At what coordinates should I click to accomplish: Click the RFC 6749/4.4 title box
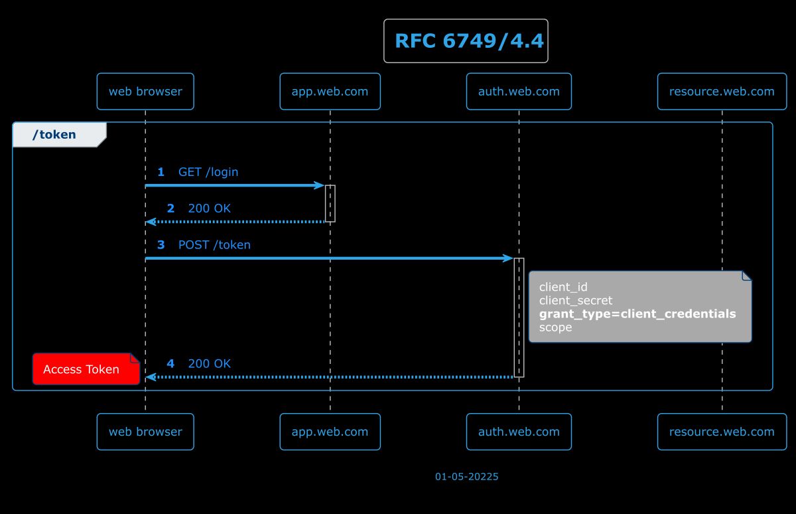pyautogui.click(x=466, y=41)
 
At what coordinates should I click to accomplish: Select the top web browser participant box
pyautogui.click(x=145, y=92)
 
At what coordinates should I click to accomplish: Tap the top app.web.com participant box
pyautogui.click(x=330, y=92)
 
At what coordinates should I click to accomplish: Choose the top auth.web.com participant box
pyautogui.click(x=519, y=92)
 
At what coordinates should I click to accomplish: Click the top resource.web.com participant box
pyautogui.click(x=722, y=92)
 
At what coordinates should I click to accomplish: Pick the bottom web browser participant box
pyautogui.click(x=145, y=432)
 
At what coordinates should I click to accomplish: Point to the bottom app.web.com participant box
pyautogui.click(x=330, y=432)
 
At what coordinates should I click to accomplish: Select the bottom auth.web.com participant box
pyautogui.click(x=519, y=432)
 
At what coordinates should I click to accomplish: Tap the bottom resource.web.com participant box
pyautogui.click(x=722, y=432)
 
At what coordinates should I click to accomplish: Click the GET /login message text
pyautogui.click(x=208, y=172)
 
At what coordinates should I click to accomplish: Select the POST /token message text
pyautogui.click(x=214, y=245)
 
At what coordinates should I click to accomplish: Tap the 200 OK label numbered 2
pyautogui.click(x=210, y=209)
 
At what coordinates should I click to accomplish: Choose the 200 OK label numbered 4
pyautogui.click(x=210, y=364)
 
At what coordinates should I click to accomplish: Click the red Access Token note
pyautogui.click(x=82, y=370)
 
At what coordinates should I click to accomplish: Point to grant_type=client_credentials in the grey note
pyautogui.click(x=637, y=314)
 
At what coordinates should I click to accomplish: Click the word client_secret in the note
pyautogui.click(x=576, y=301)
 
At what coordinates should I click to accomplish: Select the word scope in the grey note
pyautogui.click(x=555, y=327)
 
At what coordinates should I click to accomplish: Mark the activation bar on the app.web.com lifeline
pyautogui.click(x=330, y=203)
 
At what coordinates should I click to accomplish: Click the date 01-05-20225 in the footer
pyautogui.click(x=466, y=477)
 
